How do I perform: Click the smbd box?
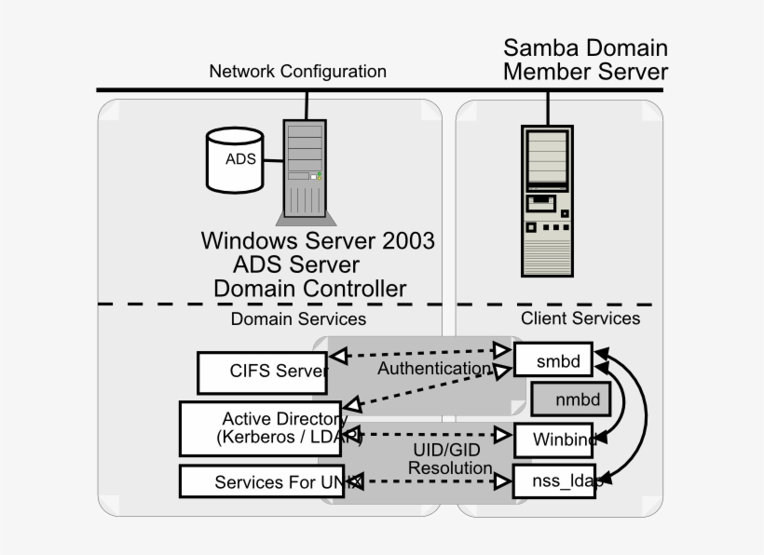point(553,360)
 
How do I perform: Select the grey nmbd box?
point(570,399)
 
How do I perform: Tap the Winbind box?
point(555,440)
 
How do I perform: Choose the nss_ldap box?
point(555,481)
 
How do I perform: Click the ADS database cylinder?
point(239,159)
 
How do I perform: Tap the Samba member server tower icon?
point(546,200)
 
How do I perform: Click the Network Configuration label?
point(297,72)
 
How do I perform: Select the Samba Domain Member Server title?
point(585,60)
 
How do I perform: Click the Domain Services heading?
point(298,319)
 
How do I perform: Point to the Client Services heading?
point(580,318)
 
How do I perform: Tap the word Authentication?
point(433,369)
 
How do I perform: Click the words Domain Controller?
point(309,289)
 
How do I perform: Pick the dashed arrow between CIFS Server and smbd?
point(419,353)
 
